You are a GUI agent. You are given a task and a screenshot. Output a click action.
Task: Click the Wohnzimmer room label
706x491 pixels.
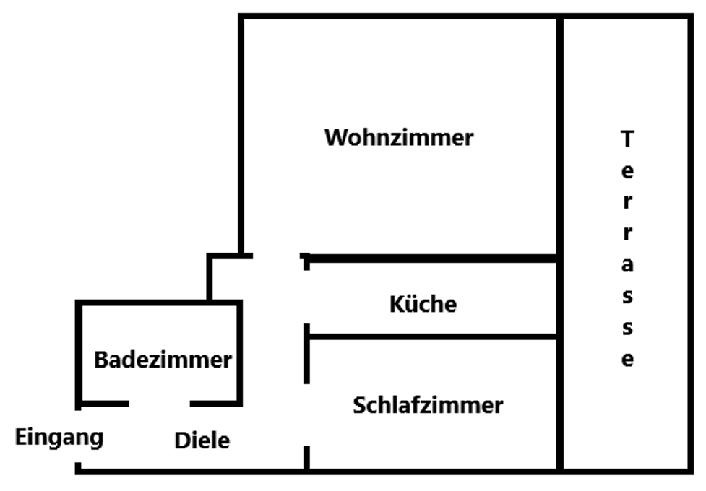coord(399,137)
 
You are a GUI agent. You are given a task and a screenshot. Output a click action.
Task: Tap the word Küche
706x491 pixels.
coord(423,305)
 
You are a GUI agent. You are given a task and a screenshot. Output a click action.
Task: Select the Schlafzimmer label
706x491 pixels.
coord(428,405)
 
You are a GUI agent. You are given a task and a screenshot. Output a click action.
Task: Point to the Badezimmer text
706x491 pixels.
coord(163,360)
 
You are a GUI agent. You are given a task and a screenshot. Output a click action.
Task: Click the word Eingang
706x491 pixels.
coord(60,436)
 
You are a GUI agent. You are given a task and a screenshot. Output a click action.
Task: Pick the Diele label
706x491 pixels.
coord(202,440)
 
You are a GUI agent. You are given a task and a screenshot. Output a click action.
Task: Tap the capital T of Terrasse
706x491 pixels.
coord(627,139)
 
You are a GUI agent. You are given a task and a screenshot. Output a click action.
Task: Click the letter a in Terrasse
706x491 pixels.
coord(627,265)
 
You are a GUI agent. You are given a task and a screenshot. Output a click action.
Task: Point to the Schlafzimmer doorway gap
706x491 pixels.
coord(306,414)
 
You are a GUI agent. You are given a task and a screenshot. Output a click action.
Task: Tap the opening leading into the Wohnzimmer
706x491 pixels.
coord(277,256)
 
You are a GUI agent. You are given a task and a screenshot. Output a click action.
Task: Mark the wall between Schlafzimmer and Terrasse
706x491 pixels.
coord(559,404)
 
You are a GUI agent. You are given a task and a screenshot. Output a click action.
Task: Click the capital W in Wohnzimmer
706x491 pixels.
coord(334,137)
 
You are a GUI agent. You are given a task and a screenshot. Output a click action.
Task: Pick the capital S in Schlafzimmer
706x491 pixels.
coord(359,405)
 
